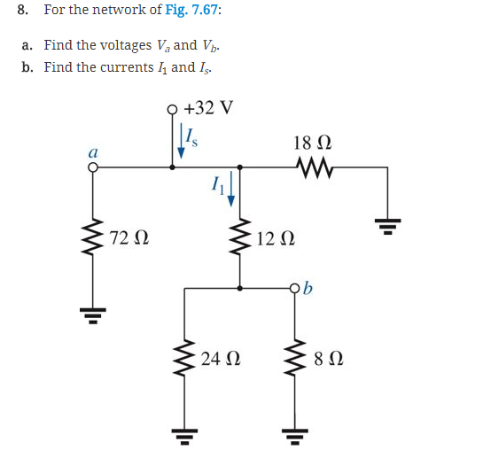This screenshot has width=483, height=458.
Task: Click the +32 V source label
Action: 209,108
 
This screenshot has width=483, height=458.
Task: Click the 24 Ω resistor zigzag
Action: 184,359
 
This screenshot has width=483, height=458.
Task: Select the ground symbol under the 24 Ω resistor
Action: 184,433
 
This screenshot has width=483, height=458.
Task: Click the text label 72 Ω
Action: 130,238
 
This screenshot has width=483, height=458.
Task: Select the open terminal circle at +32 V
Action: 173,111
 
